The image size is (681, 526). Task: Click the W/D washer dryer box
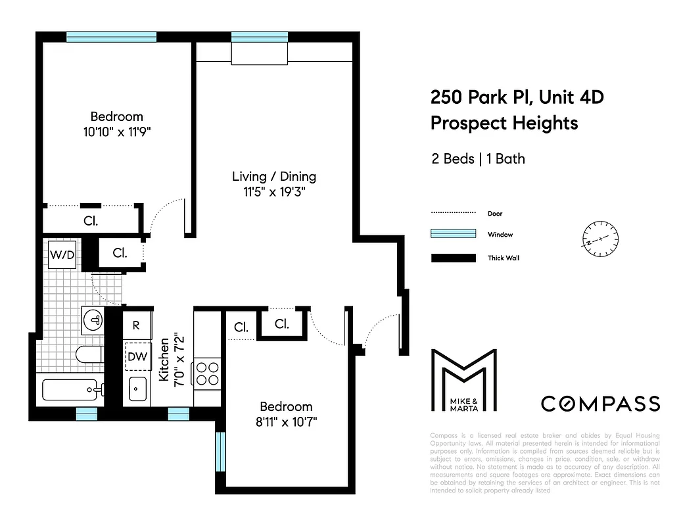62,254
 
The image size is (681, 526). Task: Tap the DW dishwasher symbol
136,357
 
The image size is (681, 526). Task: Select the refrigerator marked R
136,325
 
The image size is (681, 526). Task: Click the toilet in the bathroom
88,355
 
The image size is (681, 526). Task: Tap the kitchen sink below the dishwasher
137,389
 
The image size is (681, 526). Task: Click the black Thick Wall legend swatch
453,258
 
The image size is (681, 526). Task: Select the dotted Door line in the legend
453,213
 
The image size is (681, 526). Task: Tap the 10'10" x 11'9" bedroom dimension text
117,131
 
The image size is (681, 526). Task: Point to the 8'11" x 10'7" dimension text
286,421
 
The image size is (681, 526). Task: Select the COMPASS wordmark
600,403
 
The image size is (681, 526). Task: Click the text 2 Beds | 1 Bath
478,159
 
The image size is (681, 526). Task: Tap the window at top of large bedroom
111,37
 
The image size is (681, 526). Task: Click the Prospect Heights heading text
504,123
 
